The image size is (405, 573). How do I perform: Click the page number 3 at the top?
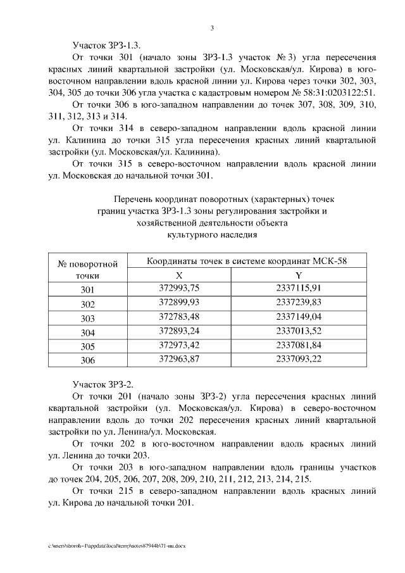[x=213, y=27]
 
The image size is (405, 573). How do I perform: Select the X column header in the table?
[x=178, y=275]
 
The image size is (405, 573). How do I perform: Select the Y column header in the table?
[x=299, y=275]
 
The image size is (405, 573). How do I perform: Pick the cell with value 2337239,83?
[x=299, y=303]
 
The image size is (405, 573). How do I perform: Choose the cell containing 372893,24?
[x=178, y=331]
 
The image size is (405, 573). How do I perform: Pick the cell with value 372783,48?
[x=178, y=317]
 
